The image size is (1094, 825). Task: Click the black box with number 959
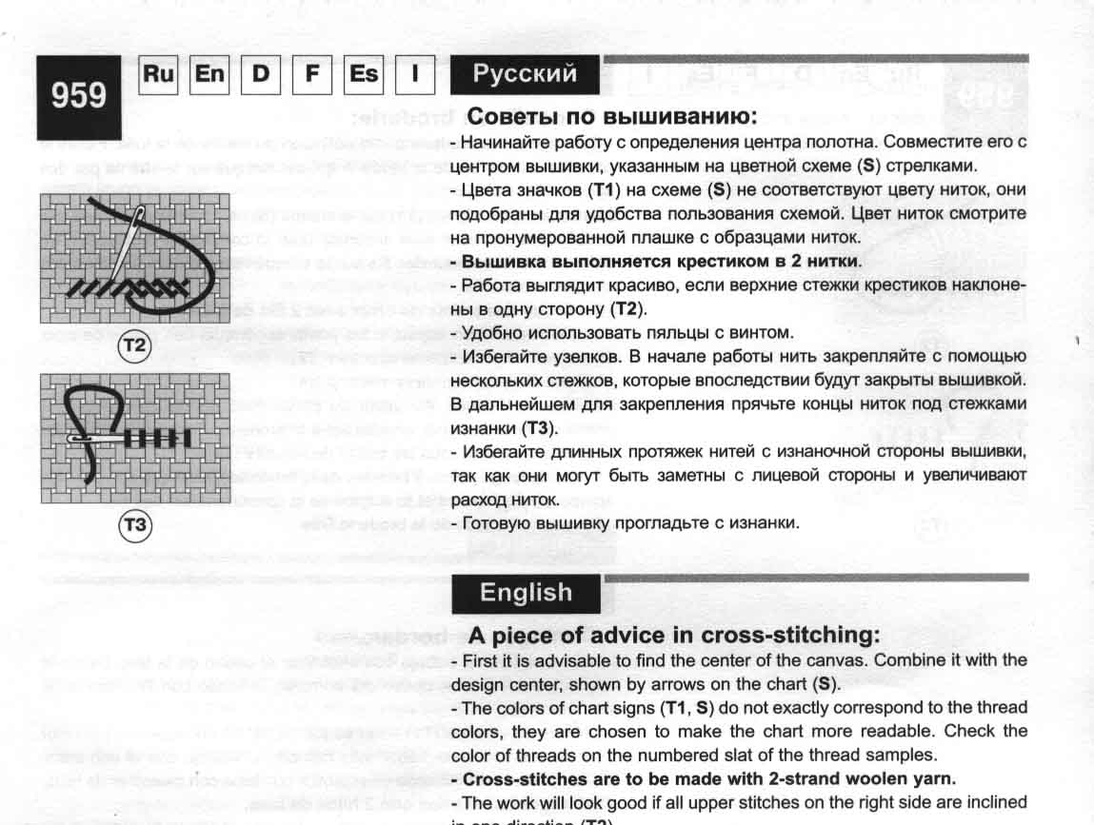[x=79, y=97]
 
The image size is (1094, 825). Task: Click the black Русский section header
[x=525, y=74]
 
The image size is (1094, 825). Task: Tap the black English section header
[x=526, y=593]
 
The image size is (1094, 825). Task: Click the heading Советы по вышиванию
[x=610, y=117]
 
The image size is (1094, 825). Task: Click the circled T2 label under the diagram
[x=134, y=347]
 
